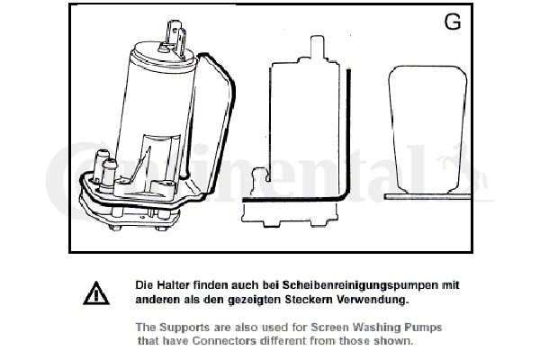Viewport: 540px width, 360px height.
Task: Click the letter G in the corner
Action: (452, 22)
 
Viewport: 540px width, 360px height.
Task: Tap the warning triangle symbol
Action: (96, 293)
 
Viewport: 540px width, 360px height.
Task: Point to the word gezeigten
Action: (255, 300)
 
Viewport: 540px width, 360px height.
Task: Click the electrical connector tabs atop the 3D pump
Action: (175, 38)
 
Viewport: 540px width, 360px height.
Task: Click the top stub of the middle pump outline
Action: (317, 47)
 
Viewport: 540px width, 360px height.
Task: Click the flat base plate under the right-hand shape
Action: (427, 197)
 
